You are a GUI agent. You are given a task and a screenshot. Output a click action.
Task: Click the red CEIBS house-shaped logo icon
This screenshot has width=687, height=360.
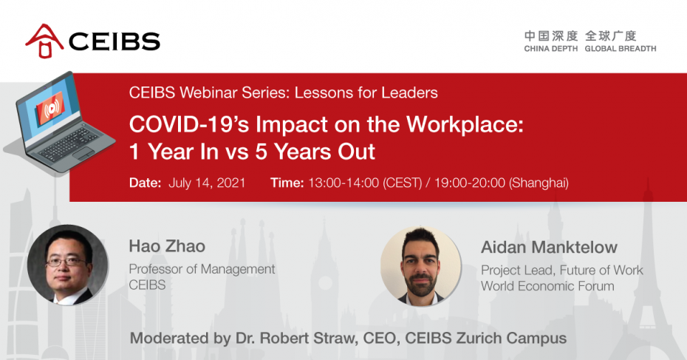point(44,41)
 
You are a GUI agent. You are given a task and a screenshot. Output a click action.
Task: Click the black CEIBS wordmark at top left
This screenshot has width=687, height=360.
point(115,41)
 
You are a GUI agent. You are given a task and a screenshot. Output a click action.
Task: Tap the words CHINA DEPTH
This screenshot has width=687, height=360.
point(551,49)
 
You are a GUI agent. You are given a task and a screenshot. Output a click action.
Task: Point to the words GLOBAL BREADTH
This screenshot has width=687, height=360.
point(621,49)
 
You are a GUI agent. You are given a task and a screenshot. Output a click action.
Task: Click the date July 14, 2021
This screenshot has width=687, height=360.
point(207,183)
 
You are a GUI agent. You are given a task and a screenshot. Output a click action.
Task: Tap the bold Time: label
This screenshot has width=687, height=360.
point(287,183)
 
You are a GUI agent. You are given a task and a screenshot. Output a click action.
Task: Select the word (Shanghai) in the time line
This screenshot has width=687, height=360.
point(539,183)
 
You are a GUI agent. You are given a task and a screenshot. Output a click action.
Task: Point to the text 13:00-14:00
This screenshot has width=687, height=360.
point(343,183)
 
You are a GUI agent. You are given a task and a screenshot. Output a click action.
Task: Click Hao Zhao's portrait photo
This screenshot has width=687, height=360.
point(67,265)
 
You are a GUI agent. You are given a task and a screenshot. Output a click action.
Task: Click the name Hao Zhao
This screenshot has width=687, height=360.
point(167,246)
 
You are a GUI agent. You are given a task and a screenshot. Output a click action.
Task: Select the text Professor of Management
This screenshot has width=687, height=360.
point(202,269)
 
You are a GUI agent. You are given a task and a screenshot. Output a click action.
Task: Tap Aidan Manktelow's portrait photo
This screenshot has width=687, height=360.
point(420,266)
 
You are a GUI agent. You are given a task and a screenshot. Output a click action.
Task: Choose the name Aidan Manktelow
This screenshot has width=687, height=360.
point(549,248)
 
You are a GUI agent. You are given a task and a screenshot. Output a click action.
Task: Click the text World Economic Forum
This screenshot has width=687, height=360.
point(547,286)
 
